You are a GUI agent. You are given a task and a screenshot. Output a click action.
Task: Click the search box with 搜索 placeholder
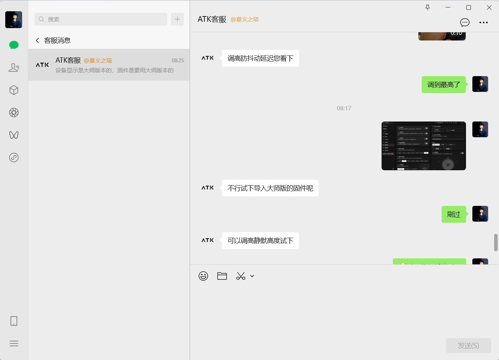tap(101, 19)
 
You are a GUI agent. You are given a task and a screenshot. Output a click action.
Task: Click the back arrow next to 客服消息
tap(38, 40)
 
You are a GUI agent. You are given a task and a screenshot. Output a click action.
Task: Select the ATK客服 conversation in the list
tap(109, 65)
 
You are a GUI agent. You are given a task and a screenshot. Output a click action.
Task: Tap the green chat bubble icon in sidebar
tap(14, 45)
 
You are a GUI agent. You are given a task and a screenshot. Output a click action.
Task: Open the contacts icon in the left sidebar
tap(14, 67)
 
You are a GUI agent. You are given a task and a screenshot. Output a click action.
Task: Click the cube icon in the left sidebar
tap(14, 90)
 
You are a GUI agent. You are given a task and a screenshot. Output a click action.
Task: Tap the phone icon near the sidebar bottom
tap(14, 321)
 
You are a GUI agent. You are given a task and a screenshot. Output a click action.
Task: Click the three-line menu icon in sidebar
tap(14, 343)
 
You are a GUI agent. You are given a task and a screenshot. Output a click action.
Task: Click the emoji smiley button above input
tap(203, 276)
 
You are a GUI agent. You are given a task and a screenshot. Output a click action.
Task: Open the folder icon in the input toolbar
tap(222, 276)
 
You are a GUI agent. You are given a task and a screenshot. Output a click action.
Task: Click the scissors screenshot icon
tap(241, 276)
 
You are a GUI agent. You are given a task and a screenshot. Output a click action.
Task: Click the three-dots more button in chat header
tap(484, 22)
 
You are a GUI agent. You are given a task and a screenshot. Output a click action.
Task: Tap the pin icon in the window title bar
tap(427, 7)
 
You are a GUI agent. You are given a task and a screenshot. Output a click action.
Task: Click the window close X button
tap(489, 7)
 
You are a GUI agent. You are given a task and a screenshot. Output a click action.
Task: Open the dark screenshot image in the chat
tap(424, 146)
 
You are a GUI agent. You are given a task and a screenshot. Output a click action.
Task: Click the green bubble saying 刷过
tap(454, 214)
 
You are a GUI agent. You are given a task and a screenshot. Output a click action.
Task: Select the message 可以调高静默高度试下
tap(260, 241)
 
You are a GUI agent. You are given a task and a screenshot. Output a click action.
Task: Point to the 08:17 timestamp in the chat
tap(344, 108)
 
